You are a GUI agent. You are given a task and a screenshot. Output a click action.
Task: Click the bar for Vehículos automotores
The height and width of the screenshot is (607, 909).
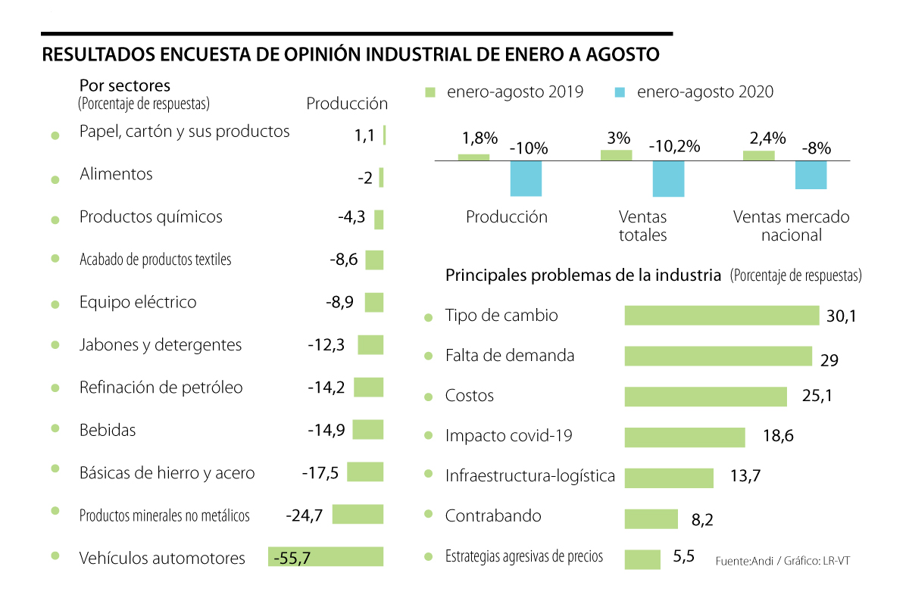pos(326,556)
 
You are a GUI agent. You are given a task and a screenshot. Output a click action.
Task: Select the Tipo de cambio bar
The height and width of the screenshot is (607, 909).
pos(721,316)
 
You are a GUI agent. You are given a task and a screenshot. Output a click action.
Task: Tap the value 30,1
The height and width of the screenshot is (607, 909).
pos(841,316)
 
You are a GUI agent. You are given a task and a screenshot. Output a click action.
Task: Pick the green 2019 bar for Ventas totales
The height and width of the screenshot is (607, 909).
pos(616,155)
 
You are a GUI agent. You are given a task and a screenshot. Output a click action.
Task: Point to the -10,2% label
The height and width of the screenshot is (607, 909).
pos(674,147)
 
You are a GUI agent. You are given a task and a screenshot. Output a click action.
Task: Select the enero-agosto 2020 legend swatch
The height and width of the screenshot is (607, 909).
pos(620,92)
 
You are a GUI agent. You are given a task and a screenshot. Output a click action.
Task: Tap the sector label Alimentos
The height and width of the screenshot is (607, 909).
pos(116,174)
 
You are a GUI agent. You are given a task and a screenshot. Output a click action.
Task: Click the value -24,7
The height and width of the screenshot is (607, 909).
pos(305,516)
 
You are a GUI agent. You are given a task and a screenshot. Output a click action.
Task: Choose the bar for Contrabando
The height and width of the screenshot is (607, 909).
pos(651,518)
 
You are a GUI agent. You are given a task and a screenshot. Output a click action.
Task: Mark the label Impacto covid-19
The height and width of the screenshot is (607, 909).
pos(508,436)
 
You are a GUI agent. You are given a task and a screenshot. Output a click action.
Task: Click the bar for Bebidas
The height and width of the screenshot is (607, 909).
pos(368,430)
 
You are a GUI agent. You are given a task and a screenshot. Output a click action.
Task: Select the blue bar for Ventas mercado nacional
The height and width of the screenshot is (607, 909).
pos(811,175)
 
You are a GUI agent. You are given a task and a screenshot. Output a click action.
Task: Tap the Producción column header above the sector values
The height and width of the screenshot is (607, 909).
pos(347,104)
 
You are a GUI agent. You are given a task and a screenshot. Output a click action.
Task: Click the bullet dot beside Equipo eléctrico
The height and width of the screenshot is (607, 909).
pos(55,304)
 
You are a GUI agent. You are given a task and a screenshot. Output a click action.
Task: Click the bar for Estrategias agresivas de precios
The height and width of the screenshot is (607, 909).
pos(642,559)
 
